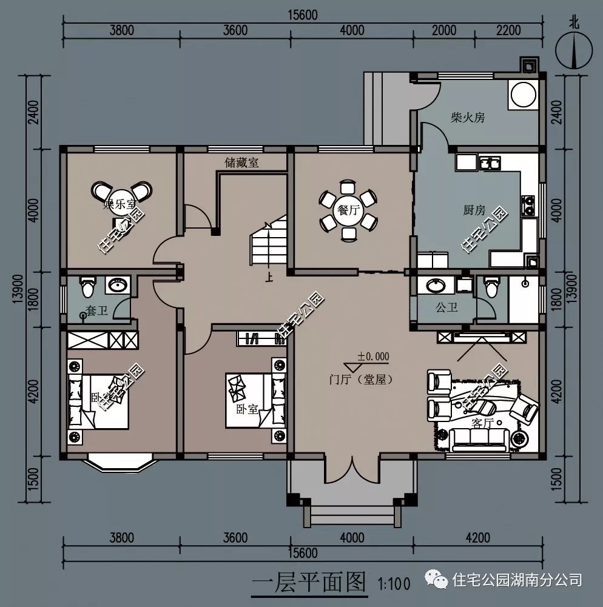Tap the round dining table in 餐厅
(x=348, y=210)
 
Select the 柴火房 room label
(x=468, y=118)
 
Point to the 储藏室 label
(x=242, y=163)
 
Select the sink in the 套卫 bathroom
(x=118, y=284)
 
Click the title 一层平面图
(x=309, y=583)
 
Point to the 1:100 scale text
(x=394, y=585)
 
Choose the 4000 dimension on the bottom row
(x=352, y=537)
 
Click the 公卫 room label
(x=446, y=308)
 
